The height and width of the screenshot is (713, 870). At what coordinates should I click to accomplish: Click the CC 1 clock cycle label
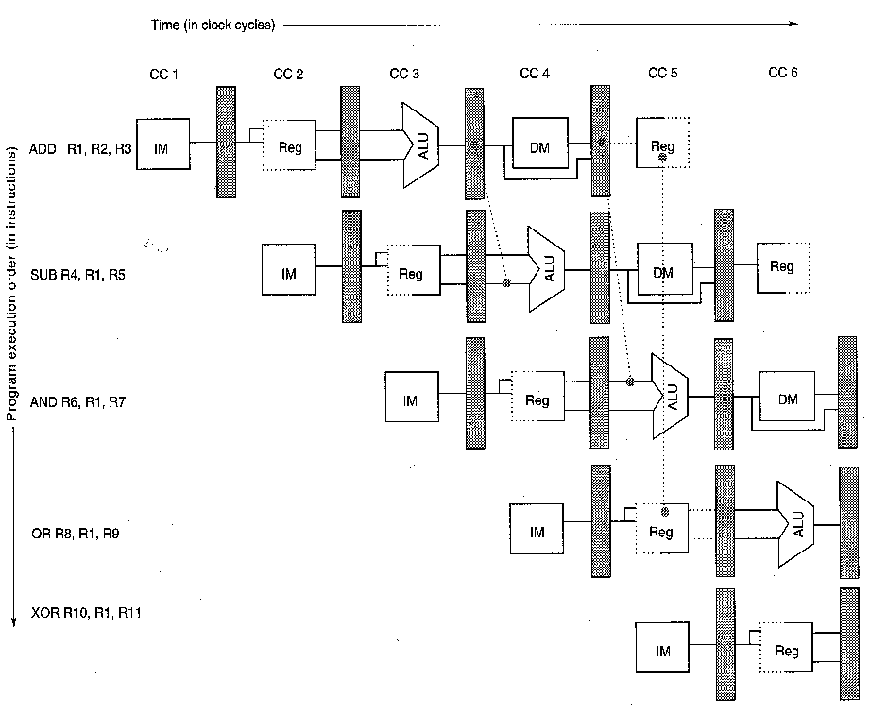(x=163, y=75)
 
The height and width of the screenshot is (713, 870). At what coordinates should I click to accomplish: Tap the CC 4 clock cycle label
(x=535, y=74)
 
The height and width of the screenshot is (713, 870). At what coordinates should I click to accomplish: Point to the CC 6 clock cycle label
(x=783, y=73)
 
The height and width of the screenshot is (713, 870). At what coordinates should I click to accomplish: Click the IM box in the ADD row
(x=163, y=144)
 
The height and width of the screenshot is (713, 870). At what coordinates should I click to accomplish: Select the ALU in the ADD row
(x=420, y=145)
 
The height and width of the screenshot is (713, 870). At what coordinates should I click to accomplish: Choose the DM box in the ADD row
(x=540, y=143)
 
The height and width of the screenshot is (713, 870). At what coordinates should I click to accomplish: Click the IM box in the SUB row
(x=288, y=269)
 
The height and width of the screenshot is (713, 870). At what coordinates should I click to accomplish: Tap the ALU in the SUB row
(x=547, y=269)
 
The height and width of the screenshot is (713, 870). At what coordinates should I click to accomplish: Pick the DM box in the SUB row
(x=665, y=268)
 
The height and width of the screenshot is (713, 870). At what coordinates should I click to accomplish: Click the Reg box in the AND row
(x=537, y=397)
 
